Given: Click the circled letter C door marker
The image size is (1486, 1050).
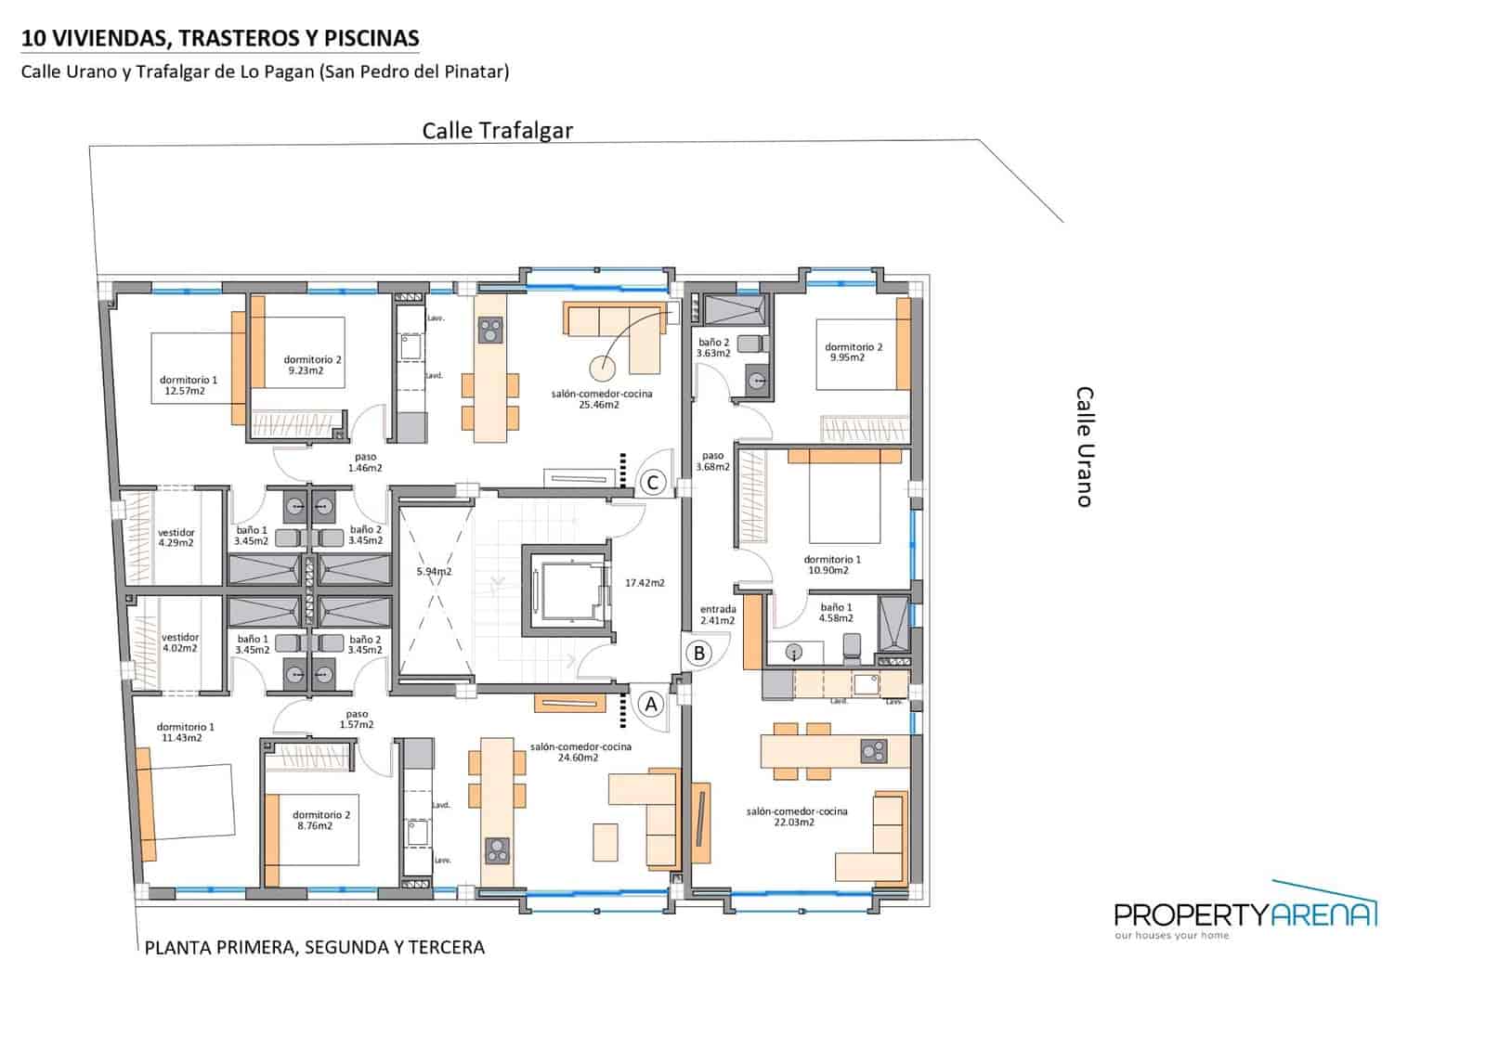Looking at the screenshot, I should [653, 483].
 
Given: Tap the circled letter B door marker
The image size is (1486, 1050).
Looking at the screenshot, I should [699, 653].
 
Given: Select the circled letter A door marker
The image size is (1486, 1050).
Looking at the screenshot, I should [651, 705].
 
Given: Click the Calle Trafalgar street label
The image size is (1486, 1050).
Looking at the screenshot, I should [497, 131].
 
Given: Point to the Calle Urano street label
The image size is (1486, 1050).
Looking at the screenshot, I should [1084, 447].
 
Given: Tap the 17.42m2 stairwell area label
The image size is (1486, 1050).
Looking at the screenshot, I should [645, 583].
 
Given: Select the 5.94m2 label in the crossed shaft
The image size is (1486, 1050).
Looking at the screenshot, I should [434, 571].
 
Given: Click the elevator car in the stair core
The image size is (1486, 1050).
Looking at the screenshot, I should [567, 590].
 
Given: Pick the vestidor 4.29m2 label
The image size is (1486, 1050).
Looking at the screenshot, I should [176, 538].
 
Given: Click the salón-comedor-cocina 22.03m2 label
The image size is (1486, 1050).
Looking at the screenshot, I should [796, 816].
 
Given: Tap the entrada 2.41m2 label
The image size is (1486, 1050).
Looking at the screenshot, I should [717, 615].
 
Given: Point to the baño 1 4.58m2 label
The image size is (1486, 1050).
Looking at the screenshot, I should [836, 613].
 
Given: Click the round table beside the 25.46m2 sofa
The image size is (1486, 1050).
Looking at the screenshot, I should [602, 369].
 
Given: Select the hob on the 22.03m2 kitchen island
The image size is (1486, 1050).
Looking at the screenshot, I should [873, 750].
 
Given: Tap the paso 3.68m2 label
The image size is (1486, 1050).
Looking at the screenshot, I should [712, 461].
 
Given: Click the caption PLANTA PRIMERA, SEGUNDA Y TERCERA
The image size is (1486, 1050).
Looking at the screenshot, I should [314, 948].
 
